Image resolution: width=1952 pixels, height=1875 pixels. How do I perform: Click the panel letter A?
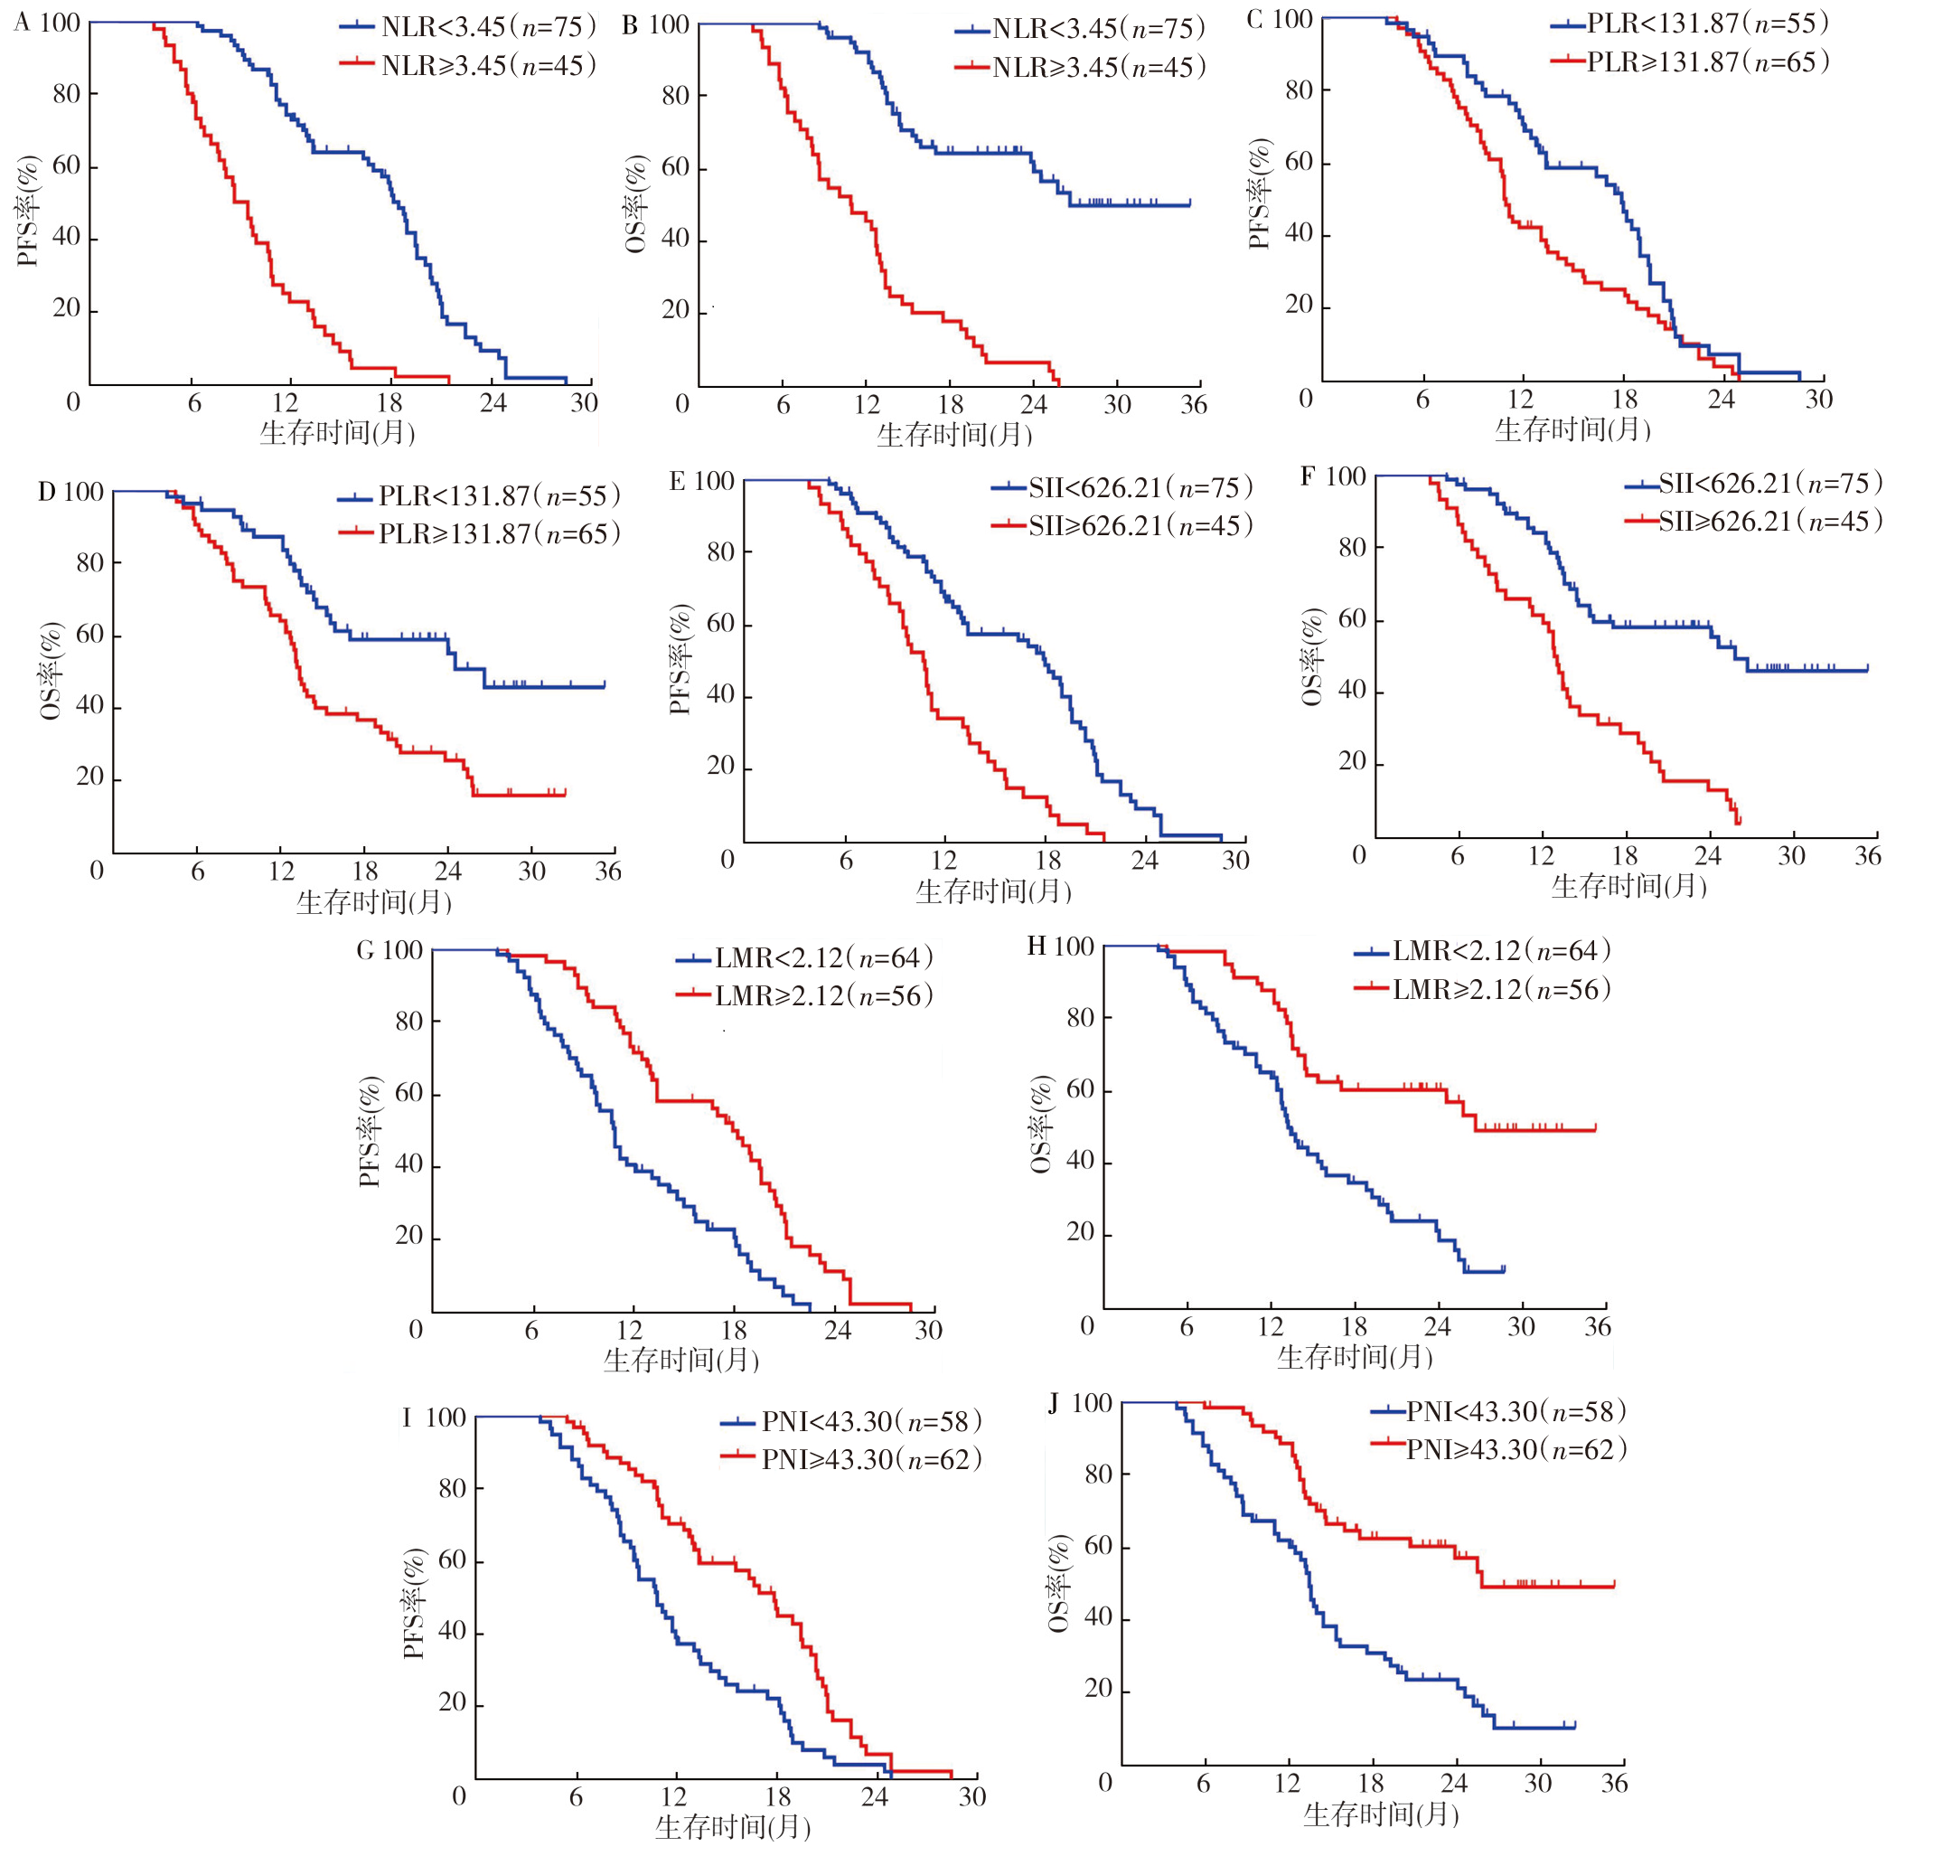22,23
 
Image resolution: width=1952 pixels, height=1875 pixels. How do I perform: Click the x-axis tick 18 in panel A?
389,403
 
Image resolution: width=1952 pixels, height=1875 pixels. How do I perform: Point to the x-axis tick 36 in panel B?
1193,404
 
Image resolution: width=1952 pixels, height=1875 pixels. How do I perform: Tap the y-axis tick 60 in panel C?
1299,163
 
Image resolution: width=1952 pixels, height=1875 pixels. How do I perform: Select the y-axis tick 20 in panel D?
89,777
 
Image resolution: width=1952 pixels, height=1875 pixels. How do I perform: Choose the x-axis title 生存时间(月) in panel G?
681,1360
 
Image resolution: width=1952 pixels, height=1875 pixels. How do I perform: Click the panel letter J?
1055,1404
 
